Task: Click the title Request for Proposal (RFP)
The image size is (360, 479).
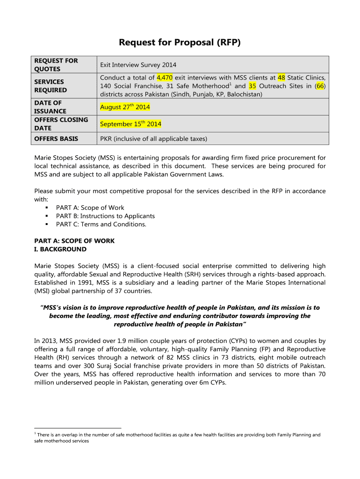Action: point(180,43)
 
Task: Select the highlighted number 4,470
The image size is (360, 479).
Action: point(165,78)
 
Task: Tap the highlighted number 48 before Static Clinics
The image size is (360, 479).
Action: point(281,78)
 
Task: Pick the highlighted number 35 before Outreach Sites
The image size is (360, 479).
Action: point(252,86)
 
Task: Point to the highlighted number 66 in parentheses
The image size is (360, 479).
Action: point(320,86)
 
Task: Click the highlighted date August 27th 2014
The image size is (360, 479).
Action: point(125,107)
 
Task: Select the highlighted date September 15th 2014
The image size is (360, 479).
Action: point(130,124)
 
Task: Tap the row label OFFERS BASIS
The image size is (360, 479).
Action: point(56,139)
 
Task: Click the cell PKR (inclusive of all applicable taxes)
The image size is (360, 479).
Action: point(153,139)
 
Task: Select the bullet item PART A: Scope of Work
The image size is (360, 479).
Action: point(90,208)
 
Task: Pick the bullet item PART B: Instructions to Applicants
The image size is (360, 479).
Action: point(105,216)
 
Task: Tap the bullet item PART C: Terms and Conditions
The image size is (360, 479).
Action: point(101,224)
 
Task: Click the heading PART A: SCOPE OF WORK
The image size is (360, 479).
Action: point(74,241)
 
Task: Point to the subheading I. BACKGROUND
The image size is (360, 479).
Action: point(60,249)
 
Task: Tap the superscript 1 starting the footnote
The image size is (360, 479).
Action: point(36,434)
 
